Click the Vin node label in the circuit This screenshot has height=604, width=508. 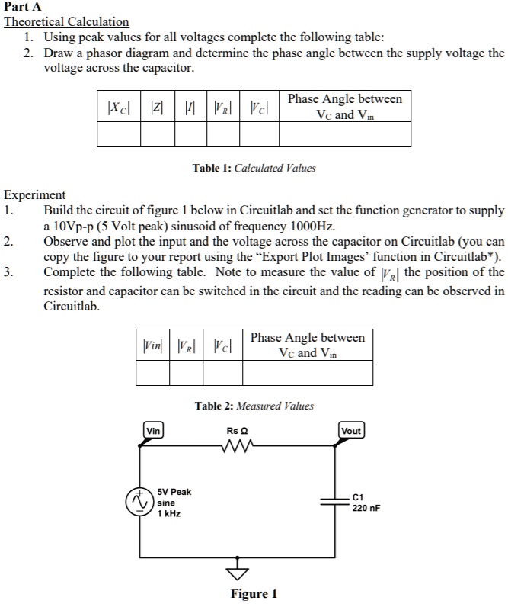[x=153, y=431]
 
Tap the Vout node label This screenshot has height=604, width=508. [x=351, y=431]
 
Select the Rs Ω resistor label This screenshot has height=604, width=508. [x=238, y=431]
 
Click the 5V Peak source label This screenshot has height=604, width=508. [x=174, y=493]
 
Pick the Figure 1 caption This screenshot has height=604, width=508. [x=254, y=593]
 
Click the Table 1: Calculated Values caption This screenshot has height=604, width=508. [x=254, y=168]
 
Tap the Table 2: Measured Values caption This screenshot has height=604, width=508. [x=254, y=406]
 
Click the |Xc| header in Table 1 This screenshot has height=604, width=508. [x=119, y=107]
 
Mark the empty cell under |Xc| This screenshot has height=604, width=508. [x=119, y=134]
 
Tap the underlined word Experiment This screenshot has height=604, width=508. [x=35, y=194]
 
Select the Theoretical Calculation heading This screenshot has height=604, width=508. [x=67, y=21]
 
